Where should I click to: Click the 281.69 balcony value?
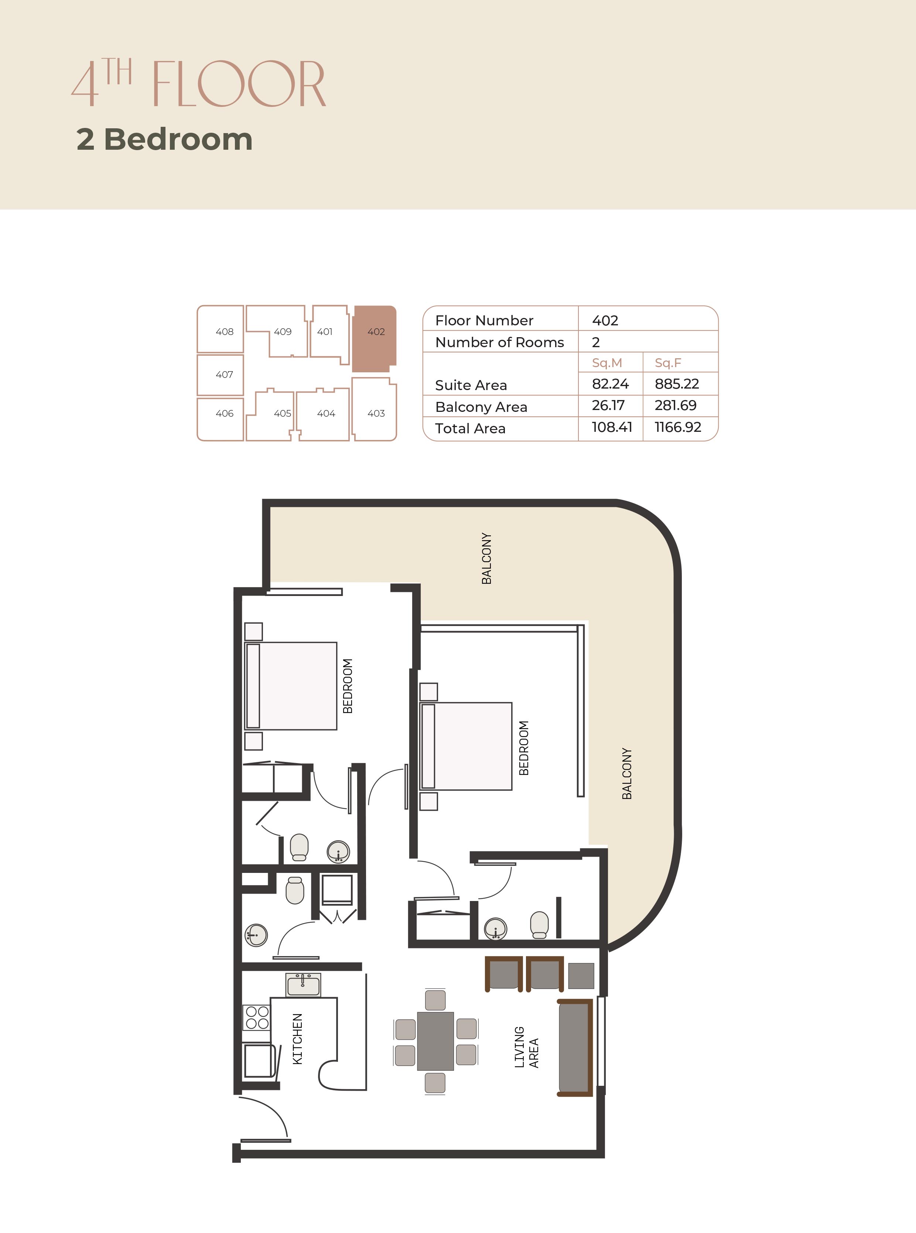point(675,406)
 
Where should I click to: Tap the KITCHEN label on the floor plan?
point(298,1039)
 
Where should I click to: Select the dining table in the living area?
point(435,1041)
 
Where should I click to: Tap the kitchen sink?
point(303,985)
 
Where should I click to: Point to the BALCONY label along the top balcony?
point(486,558)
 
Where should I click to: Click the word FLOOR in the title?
point(239,84)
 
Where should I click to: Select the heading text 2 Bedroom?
point(165,139)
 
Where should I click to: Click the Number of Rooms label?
point(500,342)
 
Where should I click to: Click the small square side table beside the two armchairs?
point(581,976)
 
